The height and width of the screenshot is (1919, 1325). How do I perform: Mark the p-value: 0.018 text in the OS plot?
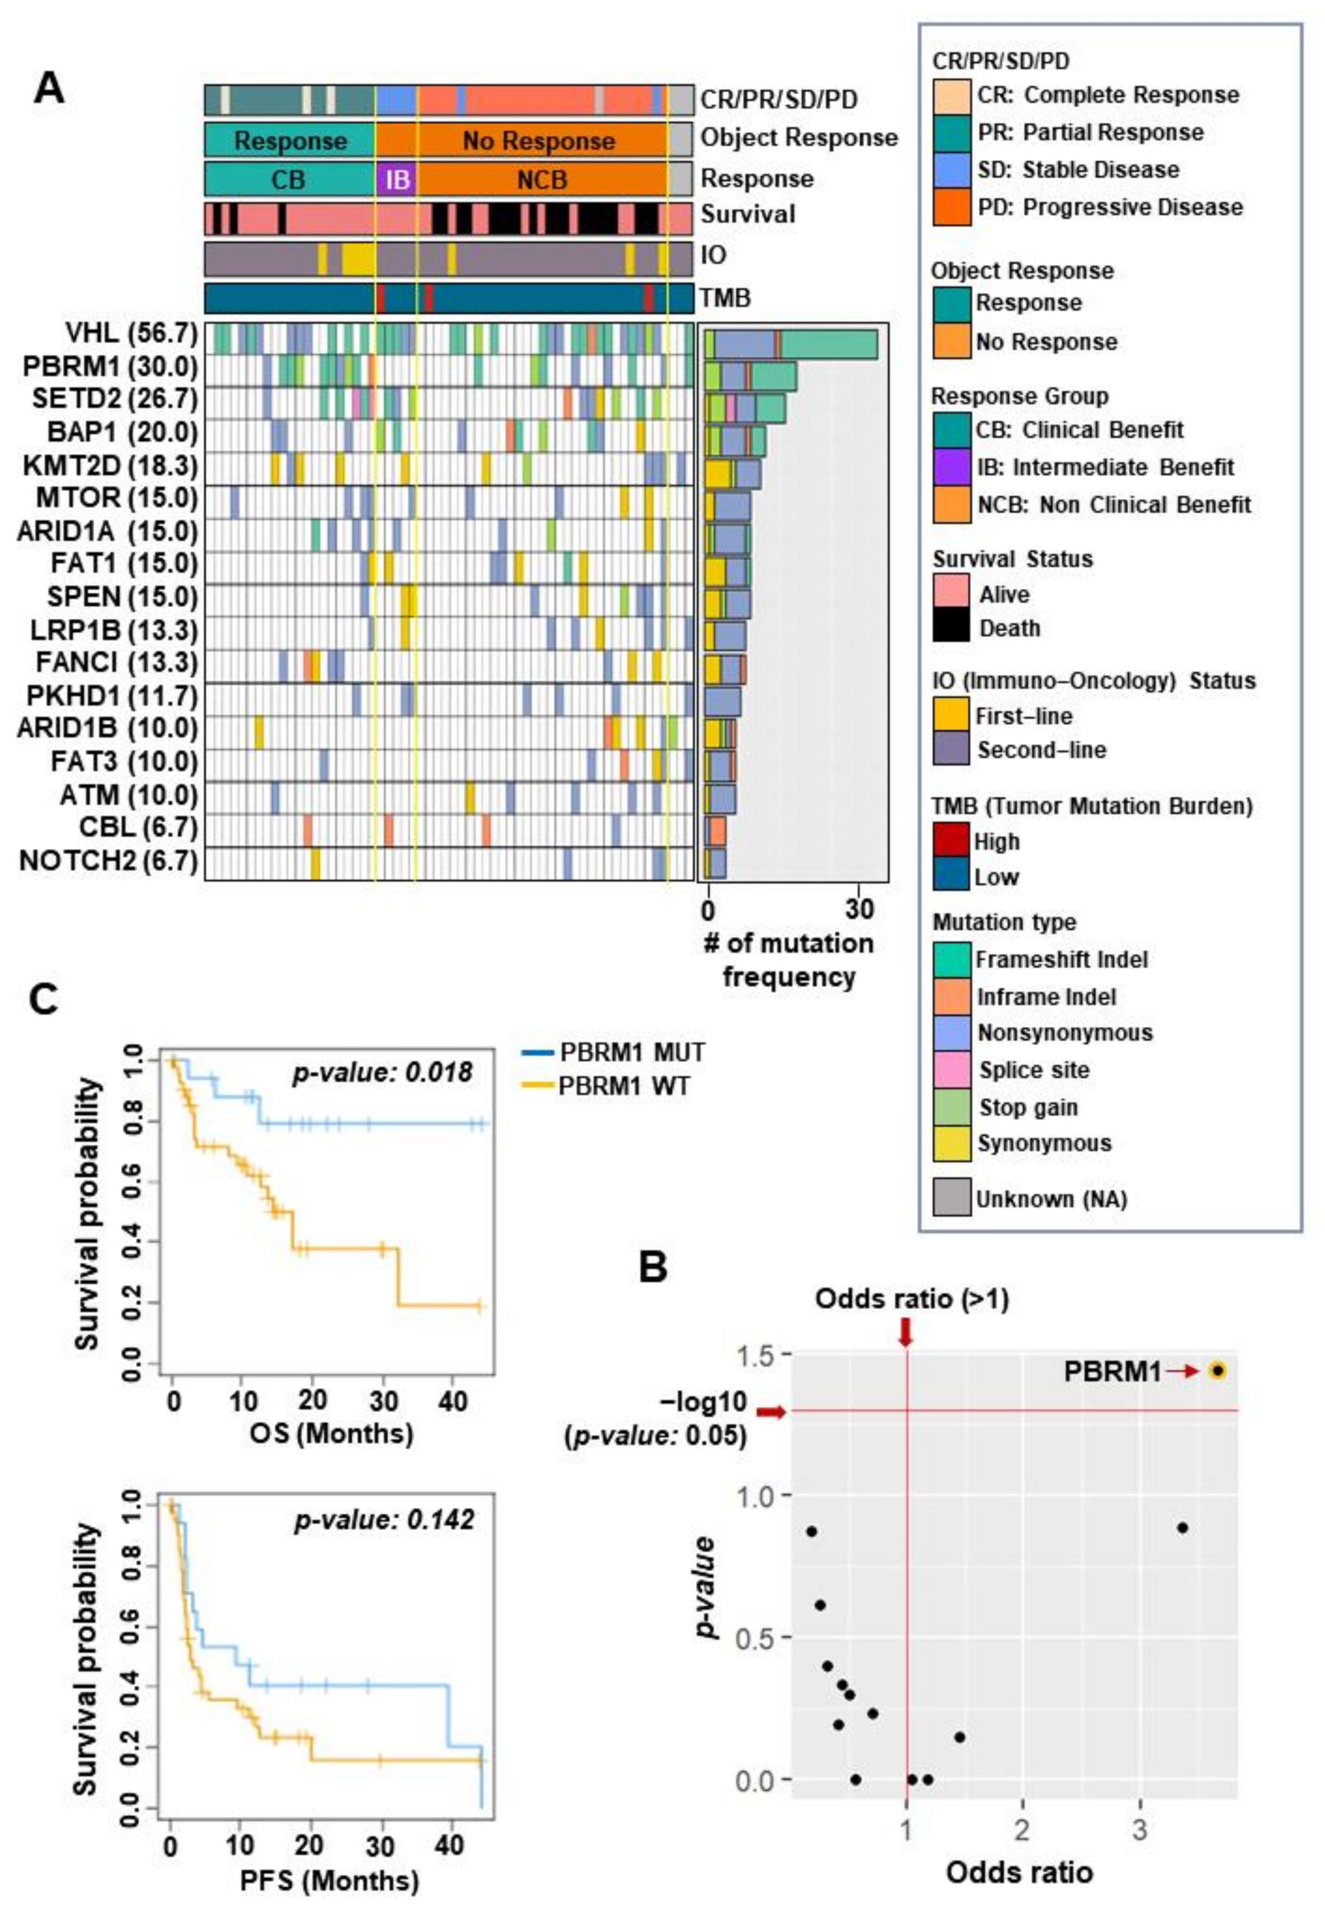383,1073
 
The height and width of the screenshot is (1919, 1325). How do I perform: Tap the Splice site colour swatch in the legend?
951,1070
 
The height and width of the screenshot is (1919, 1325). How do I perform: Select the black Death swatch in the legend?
951,627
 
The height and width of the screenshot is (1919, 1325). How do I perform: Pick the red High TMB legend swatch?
951,841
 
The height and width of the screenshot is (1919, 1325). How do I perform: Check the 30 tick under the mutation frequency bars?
860,910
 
